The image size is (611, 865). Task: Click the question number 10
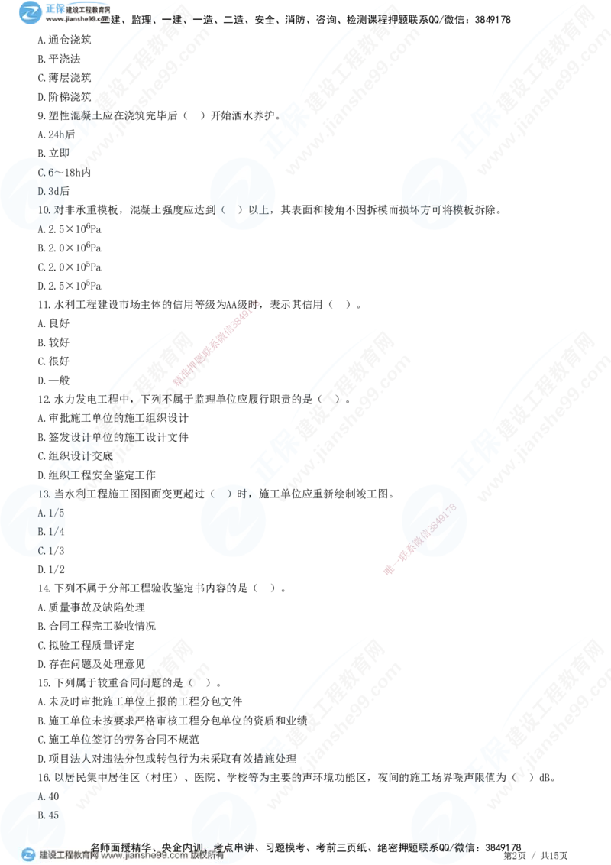(x=44, y=209)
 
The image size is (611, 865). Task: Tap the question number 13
(x=44, y=494)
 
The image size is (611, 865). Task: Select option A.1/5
(x=50, y=513)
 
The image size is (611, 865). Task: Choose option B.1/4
(x=50, y=531)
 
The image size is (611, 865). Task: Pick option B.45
(x=48, y=815)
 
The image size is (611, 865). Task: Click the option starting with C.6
(x=50, y=173)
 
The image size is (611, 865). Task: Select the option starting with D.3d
(x=50, y=191)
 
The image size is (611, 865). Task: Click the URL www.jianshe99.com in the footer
(x=144, y=856)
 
